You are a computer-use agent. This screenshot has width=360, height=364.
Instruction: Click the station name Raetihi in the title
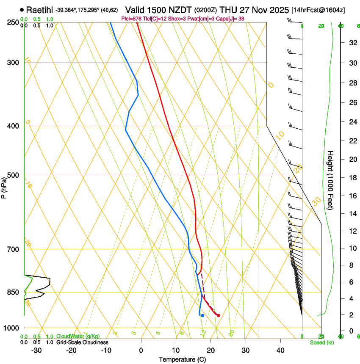[39, 9]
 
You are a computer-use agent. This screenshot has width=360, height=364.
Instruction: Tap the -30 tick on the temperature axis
[36, 350]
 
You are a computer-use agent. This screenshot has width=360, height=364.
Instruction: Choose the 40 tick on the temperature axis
[280, 350]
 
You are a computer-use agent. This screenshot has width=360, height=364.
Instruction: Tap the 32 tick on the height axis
[352, 43]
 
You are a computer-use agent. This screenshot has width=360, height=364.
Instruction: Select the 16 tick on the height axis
[352, 196]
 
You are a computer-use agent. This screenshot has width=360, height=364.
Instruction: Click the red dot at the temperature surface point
[218, 315]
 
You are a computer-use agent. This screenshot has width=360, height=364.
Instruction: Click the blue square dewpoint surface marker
[203, 315]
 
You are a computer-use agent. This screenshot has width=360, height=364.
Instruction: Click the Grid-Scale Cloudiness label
[82, 342]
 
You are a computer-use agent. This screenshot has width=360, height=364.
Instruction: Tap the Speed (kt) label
[321, 342]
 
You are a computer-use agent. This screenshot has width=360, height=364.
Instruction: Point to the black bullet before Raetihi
[22, 9]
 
